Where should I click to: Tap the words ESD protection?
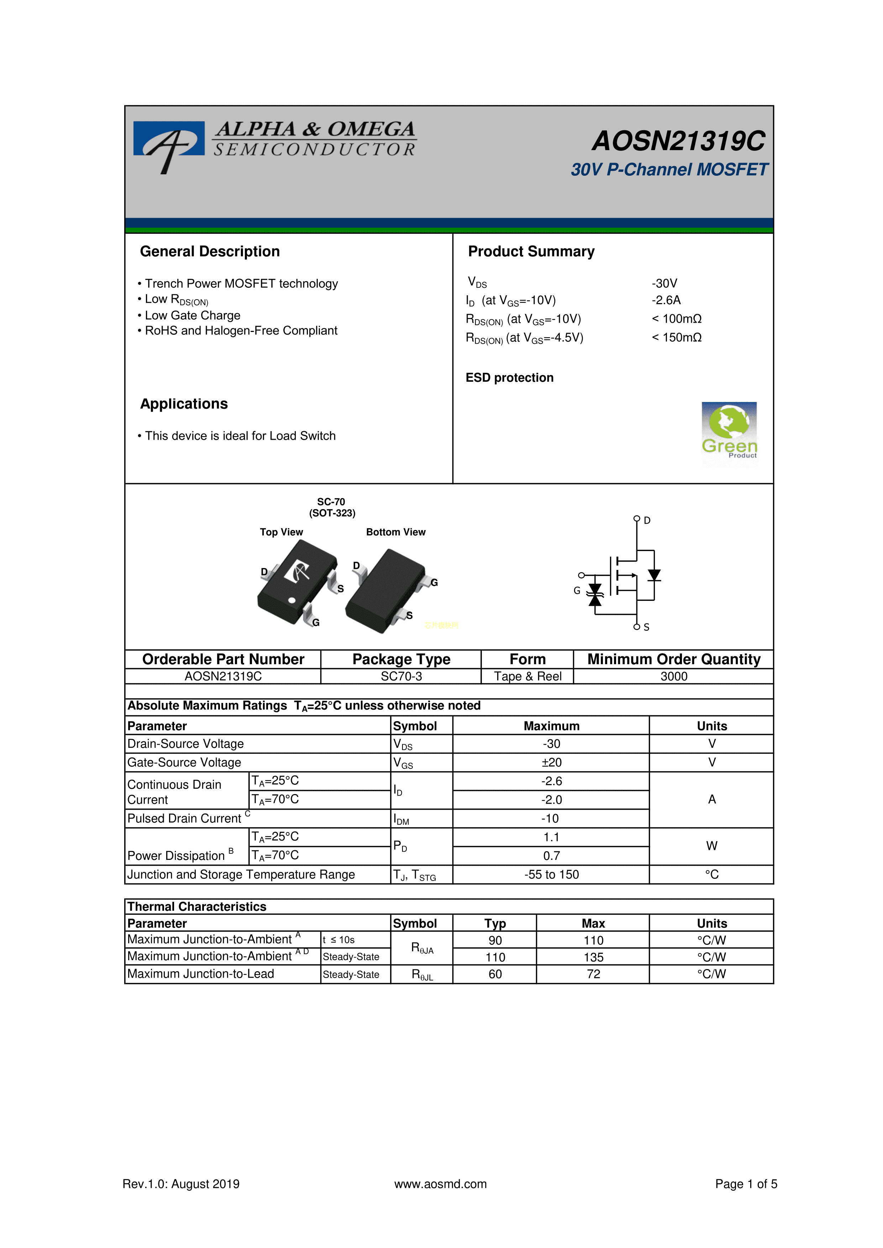(509, 378)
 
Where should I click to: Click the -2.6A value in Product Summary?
(666, 300)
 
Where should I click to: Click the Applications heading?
(184, 404)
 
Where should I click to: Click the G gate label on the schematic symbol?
(577, 590)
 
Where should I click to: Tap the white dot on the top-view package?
(292, 601)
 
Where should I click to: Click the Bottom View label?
(395, 532)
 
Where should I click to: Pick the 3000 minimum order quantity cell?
(674, 676)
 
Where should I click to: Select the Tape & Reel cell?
(527, 676)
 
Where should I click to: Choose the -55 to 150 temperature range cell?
(551, 874)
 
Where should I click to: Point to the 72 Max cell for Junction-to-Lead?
(593, 974)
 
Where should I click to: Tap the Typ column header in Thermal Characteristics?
(495, 924)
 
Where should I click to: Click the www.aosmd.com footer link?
(440, 1184)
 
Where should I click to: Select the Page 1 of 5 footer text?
(746, 1184)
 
